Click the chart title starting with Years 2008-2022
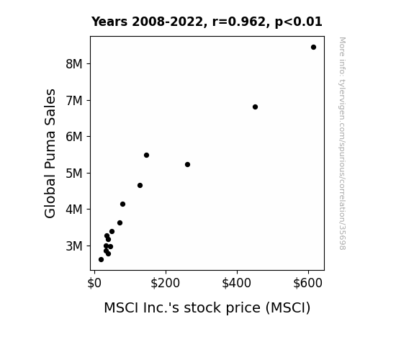pos(207,22)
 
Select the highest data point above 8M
pos(313,48)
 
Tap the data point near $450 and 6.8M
pos(255,107)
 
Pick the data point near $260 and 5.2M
pos(187,165)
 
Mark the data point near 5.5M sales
pos(147,155)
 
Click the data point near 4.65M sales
pos(140,186)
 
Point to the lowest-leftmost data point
pos(101,260)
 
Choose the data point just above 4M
pos(122,204)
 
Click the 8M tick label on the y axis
pos(74,64)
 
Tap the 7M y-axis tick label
pos(74,101)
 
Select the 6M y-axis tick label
pos(74,137)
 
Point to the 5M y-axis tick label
pos(74,174)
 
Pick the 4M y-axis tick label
pos(74,210)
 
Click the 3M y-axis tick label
pos(74,246)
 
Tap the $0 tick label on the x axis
pos(94,283)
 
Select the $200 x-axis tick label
pos(166,283)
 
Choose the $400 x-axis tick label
pos(237,283)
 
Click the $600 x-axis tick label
pos(308,283)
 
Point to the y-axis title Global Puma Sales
pos(50,153)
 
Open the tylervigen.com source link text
pos(342,143)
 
